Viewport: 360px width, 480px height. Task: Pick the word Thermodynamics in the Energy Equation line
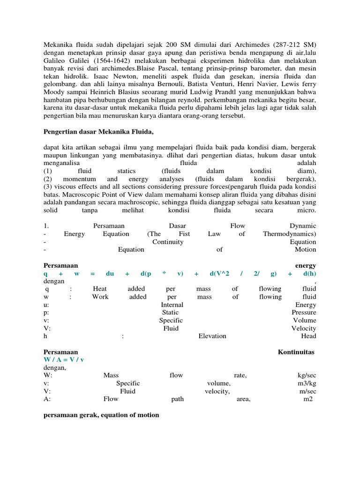pyautogui.click(x=289, y=234)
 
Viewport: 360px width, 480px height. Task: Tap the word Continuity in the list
pyautogui.click(x=168, y=242)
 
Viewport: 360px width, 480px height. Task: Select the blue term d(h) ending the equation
pyautogui.click(x=309, y=274)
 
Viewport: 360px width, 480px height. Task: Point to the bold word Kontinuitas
pyautogui.click(x=296, y=352)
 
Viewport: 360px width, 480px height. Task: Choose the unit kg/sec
pyautogui.click(x=307, y=375)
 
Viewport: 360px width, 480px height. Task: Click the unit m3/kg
pyautogui.click(x=307, y=383)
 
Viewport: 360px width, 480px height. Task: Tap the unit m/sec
pyautogui.click(x=307, y=391)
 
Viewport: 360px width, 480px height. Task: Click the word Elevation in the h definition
pyautogui.click(x=212, y=336)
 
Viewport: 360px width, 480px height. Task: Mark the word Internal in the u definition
pyautogui.click(x=172, y=305)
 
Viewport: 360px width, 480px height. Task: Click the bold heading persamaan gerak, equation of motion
pyautogui.click(x=101, y=415)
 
